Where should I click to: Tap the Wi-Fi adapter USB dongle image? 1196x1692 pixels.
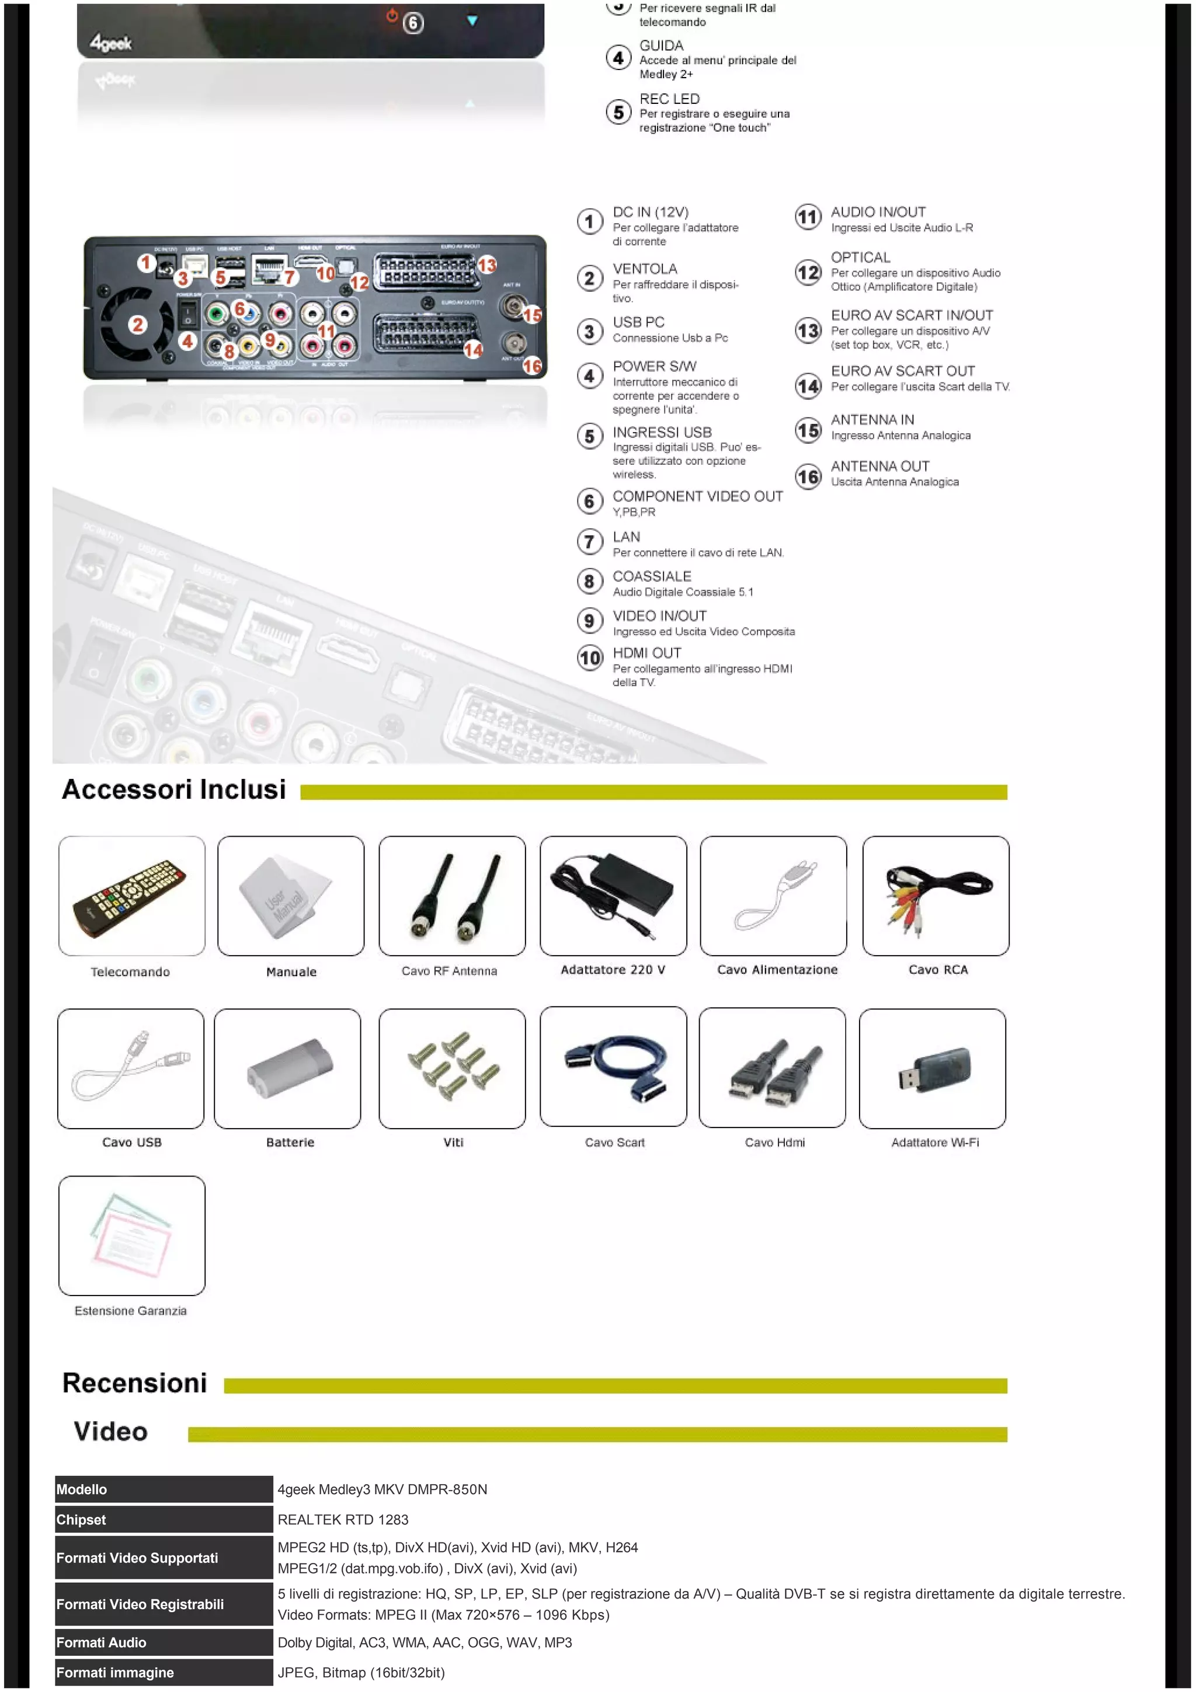coord(932,1068)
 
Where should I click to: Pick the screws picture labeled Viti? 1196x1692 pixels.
coord(452,1068)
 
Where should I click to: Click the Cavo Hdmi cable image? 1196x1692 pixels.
coord(771,1068)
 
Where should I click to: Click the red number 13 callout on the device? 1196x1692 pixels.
coord(487,264)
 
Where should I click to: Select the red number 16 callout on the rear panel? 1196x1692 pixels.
coord(531,365)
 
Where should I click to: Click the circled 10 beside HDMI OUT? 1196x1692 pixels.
coord(589,657)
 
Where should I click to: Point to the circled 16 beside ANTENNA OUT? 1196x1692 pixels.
coord(808,477)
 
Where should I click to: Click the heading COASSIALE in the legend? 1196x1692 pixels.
coord(651,576)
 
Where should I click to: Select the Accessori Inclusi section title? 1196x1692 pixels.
coord(174,789)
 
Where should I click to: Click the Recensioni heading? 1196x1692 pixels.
coord(135,1383)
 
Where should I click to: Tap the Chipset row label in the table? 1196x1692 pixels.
coord(81,1520)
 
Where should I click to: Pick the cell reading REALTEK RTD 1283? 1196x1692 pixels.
coord(343,1520)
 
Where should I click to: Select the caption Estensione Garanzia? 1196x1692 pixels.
coord(130,1311)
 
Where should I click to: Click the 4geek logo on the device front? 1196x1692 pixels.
coord(110,43)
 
